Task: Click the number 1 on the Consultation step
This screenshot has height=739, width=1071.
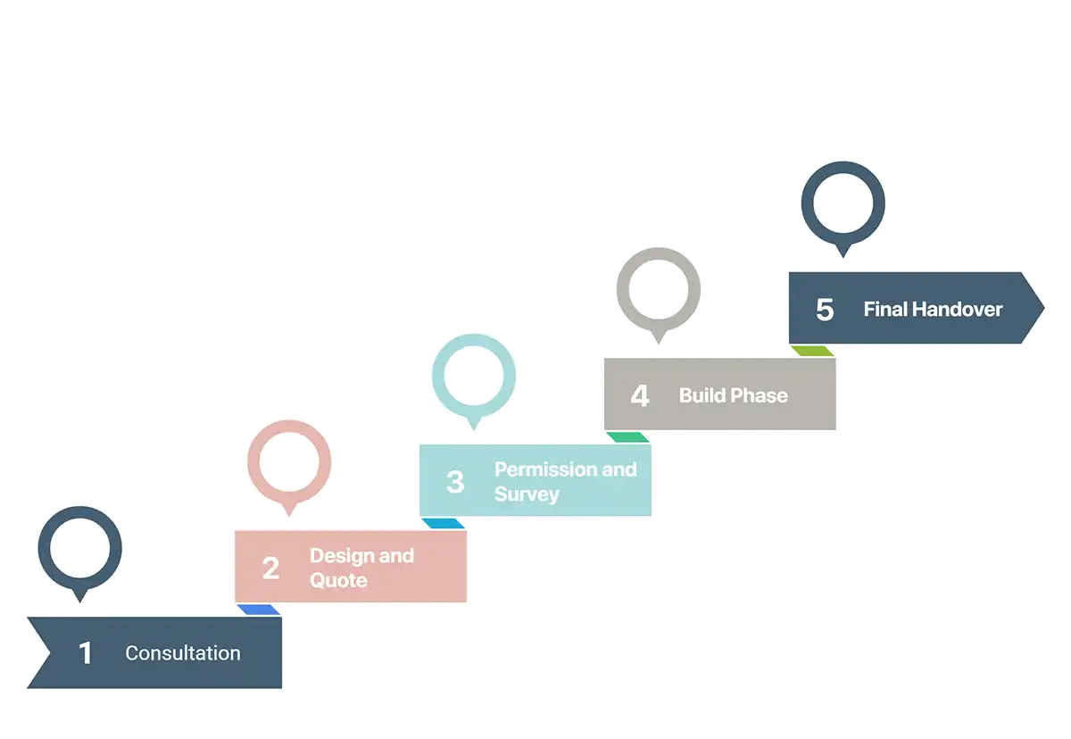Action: coord(86,653)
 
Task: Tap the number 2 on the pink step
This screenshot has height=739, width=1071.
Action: coord(270,568)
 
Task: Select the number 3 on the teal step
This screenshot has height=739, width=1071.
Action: coord(455,482)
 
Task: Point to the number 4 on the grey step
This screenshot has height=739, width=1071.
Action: coord(640,395)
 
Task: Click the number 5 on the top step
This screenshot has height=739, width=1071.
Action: coord(825,310)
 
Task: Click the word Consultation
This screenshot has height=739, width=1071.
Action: coord(183,653)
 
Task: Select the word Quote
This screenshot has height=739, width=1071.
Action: coord(338,581)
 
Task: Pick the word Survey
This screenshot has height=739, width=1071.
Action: coord(527,494)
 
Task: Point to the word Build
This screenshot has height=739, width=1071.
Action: coord(702,395)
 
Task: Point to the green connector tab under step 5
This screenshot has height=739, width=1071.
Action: coord(812,351)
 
